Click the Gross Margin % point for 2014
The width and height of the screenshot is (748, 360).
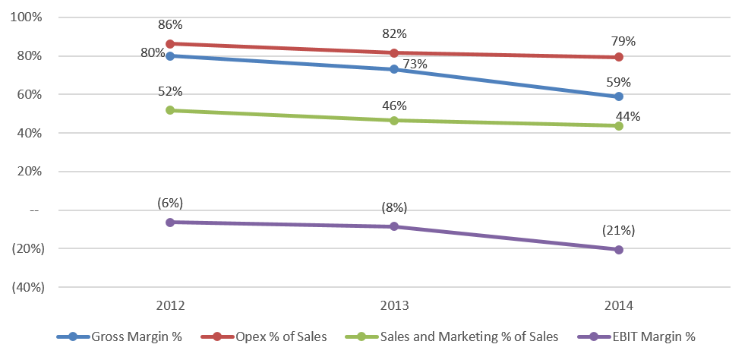[619, 96]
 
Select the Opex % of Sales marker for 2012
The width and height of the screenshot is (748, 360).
[169, 44]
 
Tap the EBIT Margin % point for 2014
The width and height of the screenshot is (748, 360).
[619, 249]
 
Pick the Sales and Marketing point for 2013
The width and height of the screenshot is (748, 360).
[394, 121]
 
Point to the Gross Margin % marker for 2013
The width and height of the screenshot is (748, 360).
[394, 69]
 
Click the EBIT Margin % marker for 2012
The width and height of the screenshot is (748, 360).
[169, 223]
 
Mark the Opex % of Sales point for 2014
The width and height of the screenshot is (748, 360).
[619, 57]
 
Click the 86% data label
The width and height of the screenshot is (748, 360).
[169, 25]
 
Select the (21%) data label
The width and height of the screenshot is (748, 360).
[619, 230]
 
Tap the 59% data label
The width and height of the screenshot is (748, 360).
[619, 82]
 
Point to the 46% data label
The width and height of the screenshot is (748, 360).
[394, 106]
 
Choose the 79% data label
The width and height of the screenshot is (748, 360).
[619, 40]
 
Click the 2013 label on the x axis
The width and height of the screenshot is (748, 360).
[394, 306]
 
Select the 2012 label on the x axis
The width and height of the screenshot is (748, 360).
[169, 306]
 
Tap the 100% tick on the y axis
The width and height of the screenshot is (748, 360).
[28, 17]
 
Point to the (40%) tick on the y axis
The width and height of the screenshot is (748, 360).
[27, 287]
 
